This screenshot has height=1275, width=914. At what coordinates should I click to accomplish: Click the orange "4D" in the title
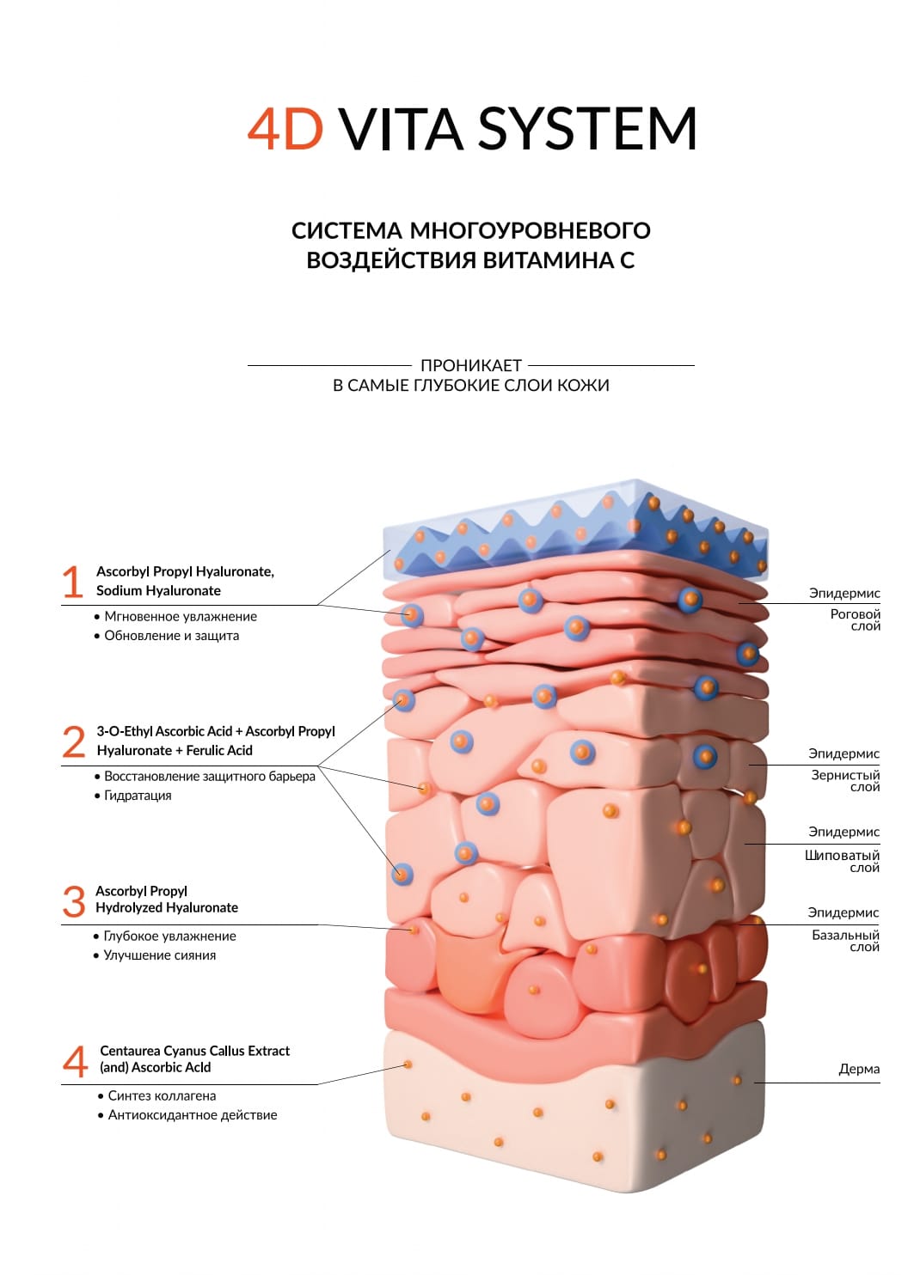pyautogui.click(x=285, y=130)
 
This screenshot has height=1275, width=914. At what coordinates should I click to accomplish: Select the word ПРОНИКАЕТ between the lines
pyautogui.click(x=471, y=365)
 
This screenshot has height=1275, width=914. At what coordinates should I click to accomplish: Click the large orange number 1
pyautogui.click(x=73, y=582)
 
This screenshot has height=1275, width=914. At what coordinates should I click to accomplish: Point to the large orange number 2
pyautogui.click(x=74, y=741)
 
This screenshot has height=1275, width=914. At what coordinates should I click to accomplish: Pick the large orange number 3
pyautogui.click(x=74, y=900)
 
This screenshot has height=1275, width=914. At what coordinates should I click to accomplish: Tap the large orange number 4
pyautogui.click(x=76, y=1060)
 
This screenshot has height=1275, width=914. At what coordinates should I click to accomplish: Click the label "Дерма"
pyautogui.click(x=859, y=1069)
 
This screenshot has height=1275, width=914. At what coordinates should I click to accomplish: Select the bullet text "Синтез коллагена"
pyautogui.click(x=162, y=1095)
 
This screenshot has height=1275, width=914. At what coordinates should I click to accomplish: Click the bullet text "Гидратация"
pyautogui.click(x=138, y=796)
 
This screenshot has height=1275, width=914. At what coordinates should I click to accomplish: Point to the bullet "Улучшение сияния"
pyautogui.click(x=159, y=955)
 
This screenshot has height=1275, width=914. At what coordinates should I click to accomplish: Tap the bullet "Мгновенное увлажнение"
pyautogui.click(x=181, y=616)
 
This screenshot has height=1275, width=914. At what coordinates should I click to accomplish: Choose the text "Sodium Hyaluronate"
pyautogui.click(x=158, y=590)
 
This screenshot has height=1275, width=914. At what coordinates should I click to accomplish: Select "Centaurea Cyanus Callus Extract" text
pyautogui.click(x=195, y=1051)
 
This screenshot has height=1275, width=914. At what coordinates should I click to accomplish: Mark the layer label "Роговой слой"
pyautogui.click(x=856, y=619)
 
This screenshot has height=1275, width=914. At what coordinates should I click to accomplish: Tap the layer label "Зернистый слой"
pyautogui.click(x=846, y=780)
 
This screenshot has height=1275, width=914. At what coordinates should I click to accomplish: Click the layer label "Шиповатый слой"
pyautogui.click(x=843, y=861)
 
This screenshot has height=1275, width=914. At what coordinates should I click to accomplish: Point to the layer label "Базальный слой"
pyautogui.click(x=846, y=941)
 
